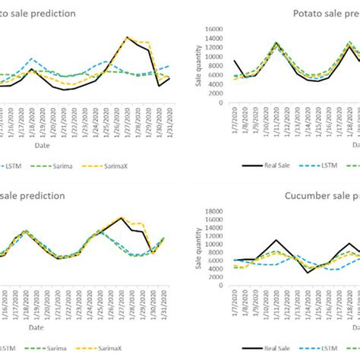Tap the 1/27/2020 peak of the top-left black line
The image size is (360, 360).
click(128, 37)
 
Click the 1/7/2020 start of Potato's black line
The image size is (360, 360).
click(235, 61)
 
